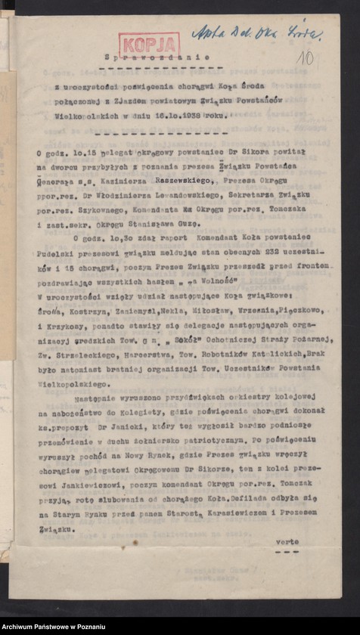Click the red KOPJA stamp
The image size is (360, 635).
coord(148,45)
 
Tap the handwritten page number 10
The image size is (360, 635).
coord(305,57)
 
